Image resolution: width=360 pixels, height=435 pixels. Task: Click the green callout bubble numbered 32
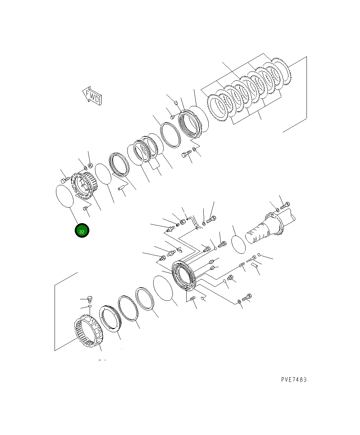[x=82, y=231]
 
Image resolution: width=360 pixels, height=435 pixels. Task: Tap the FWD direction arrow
[x=92, y=96]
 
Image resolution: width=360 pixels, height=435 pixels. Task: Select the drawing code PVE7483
[x=294, y=379]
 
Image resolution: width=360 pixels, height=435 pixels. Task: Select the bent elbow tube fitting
[x=192, y=221]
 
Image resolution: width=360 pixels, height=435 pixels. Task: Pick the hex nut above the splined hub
[x=90, y=165]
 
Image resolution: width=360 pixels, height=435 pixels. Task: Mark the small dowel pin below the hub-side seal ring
[x=123, y=188]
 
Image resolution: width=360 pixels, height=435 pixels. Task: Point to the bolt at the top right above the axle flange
[x=285, y=205]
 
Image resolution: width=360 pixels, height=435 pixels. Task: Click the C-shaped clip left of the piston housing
[x=179, y=250]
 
